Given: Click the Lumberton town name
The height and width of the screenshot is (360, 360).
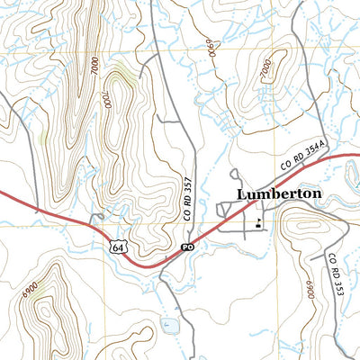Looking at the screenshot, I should click(x=278, y=193).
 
